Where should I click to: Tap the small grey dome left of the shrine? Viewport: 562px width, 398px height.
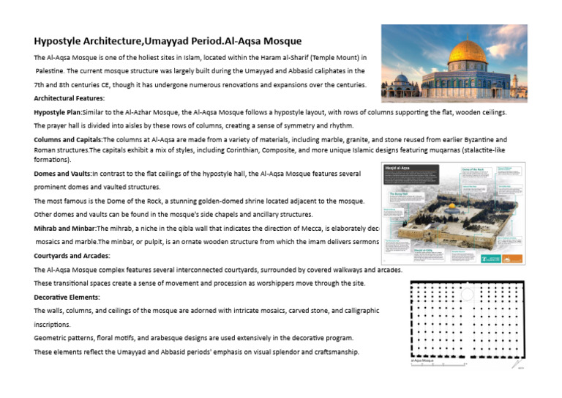(x=402, y=78)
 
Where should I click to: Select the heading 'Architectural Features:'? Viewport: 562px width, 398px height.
(x=69, y=97)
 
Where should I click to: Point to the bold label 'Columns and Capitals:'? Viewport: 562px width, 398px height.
(x=68, y=139)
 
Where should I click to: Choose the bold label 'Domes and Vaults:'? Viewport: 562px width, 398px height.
(x=62, y=174)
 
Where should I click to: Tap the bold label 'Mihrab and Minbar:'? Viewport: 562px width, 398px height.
(x=66, y=229)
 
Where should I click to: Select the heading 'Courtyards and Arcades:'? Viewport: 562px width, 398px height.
(x=72, y=256)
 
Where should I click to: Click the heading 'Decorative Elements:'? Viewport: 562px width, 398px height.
(x=67, y=297)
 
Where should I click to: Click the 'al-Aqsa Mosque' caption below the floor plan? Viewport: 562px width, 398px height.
(x=423, y=360)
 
